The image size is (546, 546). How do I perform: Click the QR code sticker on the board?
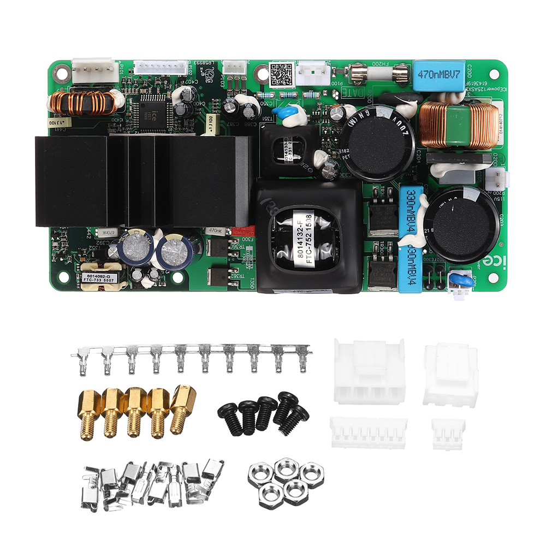(x=282, y=75)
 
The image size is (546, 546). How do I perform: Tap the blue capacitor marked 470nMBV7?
(x=439, y=74)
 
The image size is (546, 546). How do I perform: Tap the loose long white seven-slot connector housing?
(x=369, y=432)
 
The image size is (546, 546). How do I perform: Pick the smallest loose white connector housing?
(x=448, y=434)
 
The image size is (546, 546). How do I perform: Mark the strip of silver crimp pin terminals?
(x=191, y=358)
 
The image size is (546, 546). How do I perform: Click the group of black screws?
(x=264, y=414)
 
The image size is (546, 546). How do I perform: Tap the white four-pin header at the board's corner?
(x=96, y=68)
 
